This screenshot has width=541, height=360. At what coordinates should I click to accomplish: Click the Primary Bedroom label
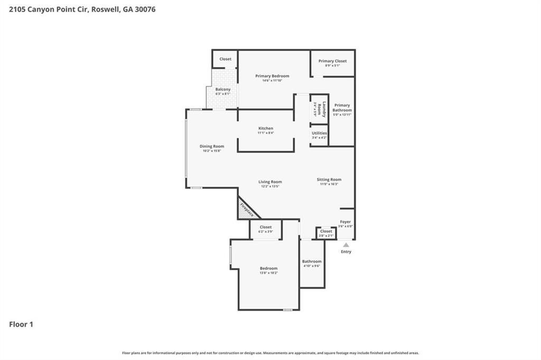point(272,76)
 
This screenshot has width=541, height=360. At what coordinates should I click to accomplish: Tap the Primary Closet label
point(332,61)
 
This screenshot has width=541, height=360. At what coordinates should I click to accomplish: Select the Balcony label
point(222,90)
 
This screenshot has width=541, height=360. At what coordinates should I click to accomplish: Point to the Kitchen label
point(265,129)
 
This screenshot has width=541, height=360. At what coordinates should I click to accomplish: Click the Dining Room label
point(211,146)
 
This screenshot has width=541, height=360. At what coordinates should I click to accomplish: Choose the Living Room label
point(270,182)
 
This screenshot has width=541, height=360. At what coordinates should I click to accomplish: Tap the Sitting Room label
point(329,180)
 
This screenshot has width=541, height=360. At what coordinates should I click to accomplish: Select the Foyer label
point(345,222)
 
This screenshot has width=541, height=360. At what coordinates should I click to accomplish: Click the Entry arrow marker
point(346,245)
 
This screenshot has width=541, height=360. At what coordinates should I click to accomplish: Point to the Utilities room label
point(319,133)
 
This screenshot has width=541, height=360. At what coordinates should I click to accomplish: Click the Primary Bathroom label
point(342,108)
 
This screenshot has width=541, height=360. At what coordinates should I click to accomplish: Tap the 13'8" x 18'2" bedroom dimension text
point(268,273)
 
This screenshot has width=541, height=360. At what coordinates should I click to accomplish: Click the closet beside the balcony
point(225,59)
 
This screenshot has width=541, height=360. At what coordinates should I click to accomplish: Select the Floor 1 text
point(21,325)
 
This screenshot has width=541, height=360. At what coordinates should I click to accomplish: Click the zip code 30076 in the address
point(144,10)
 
